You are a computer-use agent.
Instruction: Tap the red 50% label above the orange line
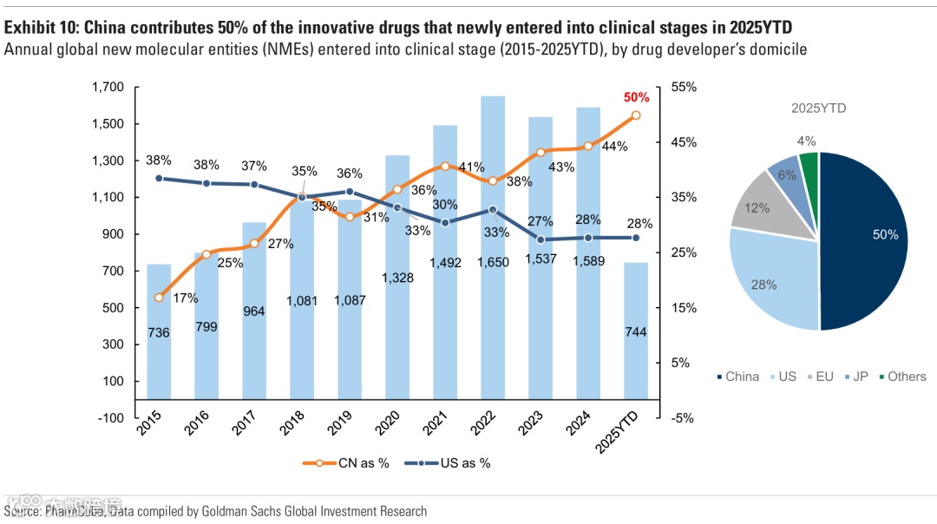click(636, 97)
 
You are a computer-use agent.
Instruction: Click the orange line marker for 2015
click(159, 298)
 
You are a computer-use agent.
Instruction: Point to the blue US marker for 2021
click(445, 223)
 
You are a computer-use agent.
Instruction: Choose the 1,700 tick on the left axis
click(108, 88)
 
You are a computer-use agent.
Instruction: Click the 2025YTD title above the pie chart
click(818, 108)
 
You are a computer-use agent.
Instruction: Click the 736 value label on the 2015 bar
click(159, 333)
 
